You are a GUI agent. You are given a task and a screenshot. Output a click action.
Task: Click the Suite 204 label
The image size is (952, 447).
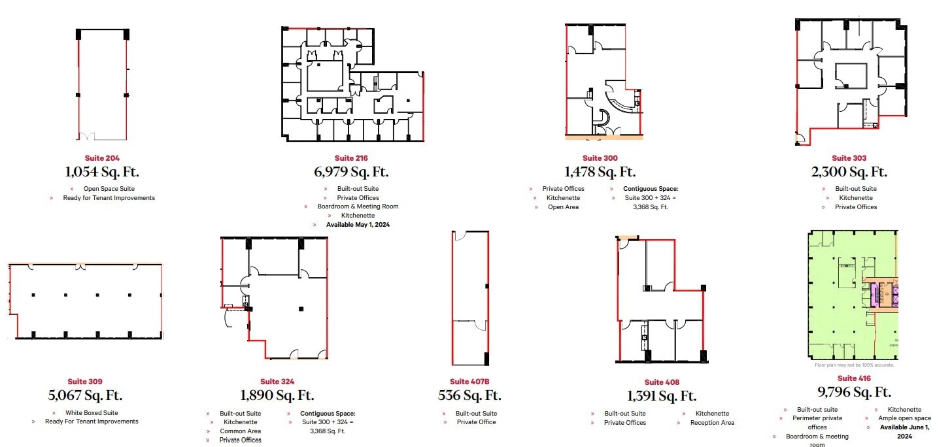tap(102, 158)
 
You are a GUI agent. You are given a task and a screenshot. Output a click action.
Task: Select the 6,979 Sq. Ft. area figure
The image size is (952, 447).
tap(351, 172)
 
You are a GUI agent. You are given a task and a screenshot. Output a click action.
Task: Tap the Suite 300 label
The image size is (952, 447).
tap(600, 158)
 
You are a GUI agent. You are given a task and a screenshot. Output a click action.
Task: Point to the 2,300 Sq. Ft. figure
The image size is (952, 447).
tap(850, 172)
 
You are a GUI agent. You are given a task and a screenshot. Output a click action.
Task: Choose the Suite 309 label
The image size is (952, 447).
tap(85, 382)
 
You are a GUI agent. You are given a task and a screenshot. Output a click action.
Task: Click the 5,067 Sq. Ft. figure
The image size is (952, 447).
tap(85, 395)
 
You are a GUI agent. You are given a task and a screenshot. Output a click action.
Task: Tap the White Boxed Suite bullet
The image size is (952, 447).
tap(92, 413)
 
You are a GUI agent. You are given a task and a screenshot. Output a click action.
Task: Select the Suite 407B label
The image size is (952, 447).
tap(469, 382)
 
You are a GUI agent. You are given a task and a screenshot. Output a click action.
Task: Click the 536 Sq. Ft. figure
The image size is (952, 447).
tap(469, 395)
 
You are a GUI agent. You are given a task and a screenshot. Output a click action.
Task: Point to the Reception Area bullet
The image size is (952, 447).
tap(712, 423)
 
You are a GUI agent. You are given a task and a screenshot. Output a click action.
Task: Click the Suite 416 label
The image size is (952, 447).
tap(847, 378)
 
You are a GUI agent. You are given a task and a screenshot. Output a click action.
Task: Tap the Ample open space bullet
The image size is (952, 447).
tap(904, 418)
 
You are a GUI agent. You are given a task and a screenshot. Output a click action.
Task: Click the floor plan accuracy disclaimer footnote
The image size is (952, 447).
tap(854, 365)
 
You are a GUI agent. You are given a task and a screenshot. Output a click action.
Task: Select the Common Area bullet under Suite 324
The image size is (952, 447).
tap(241, 431)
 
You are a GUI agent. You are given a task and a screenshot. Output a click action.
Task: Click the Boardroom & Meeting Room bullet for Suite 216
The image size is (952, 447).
tap(358, 207)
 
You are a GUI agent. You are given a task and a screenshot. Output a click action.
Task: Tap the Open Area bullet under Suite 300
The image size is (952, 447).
tap(563, 207)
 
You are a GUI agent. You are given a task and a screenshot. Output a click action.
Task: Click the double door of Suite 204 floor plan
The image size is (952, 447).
tap(90, 136)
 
